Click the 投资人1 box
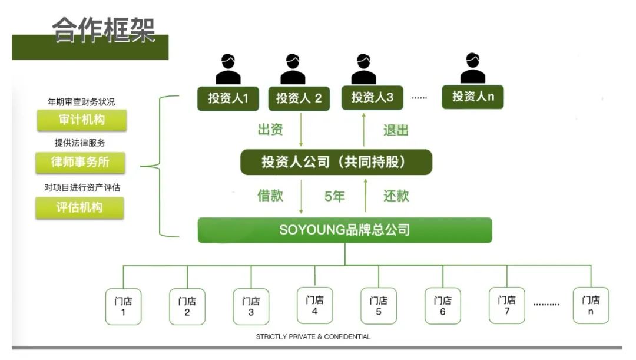(228, 98)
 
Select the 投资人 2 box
(299, 98)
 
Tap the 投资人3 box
(372, 97)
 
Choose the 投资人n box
(473, 97)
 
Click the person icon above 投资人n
(473, 68)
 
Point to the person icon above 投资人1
(228, 69)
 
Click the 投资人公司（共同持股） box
(336, 162)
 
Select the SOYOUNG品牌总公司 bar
(344, 230)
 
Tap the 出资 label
(270, 130)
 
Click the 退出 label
(396, 130)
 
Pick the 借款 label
(270, 196)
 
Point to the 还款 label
(396, 196)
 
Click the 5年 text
(334, 196)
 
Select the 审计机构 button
(81, 120)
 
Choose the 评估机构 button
(80, 207)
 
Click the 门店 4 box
(314, 305)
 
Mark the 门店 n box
(591, 305)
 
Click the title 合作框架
(104, 30)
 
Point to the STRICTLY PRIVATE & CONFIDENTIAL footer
(313, 337)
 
